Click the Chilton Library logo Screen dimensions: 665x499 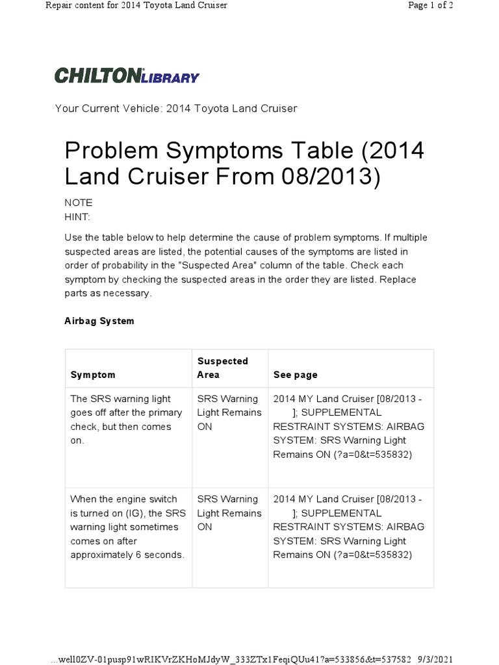tap(127, 75)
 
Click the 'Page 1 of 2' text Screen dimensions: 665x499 tap(430, 6)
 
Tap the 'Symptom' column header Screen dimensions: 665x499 tap(93, 375)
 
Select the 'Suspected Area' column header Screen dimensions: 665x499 tap(222, 368)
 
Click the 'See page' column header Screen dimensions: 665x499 tap(296, 375)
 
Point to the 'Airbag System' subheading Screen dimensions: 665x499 tap(99, 321)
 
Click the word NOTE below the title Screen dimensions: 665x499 tap(79, 203)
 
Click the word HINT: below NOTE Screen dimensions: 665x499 tap(78, 216)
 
